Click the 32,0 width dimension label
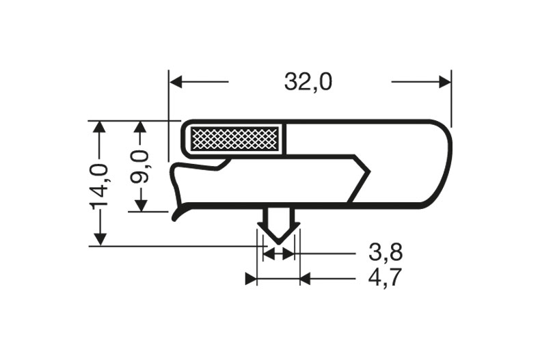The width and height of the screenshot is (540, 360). pos(308,82)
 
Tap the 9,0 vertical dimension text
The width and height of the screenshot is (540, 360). pos(140,166)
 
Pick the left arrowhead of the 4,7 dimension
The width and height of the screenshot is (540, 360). pos(251,279)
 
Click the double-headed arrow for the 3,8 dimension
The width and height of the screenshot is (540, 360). pos(278,254)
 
